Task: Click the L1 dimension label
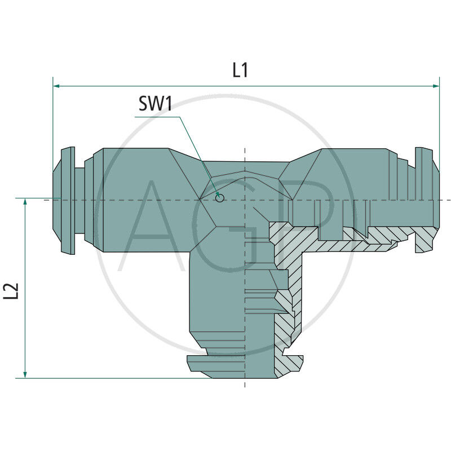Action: pos(240,70)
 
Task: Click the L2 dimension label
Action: pos(11,291)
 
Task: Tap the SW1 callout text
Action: pos(156,104)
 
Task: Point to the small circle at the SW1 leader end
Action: pos(220,198)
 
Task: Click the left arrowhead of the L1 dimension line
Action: pos(56,86)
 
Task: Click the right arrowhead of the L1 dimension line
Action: pos(436,86)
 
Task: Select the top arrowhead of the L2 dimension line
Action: pos(25,202)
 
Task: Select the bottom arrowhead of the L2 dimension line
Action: pos(25,375)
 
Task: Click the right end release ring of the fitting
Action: pos(427,200)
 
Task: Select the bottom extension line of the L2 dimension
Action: pos(114,378)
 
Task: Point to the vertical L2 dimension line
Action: pos(25,288)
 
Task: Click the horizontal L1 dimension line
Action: pos(246,86)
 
